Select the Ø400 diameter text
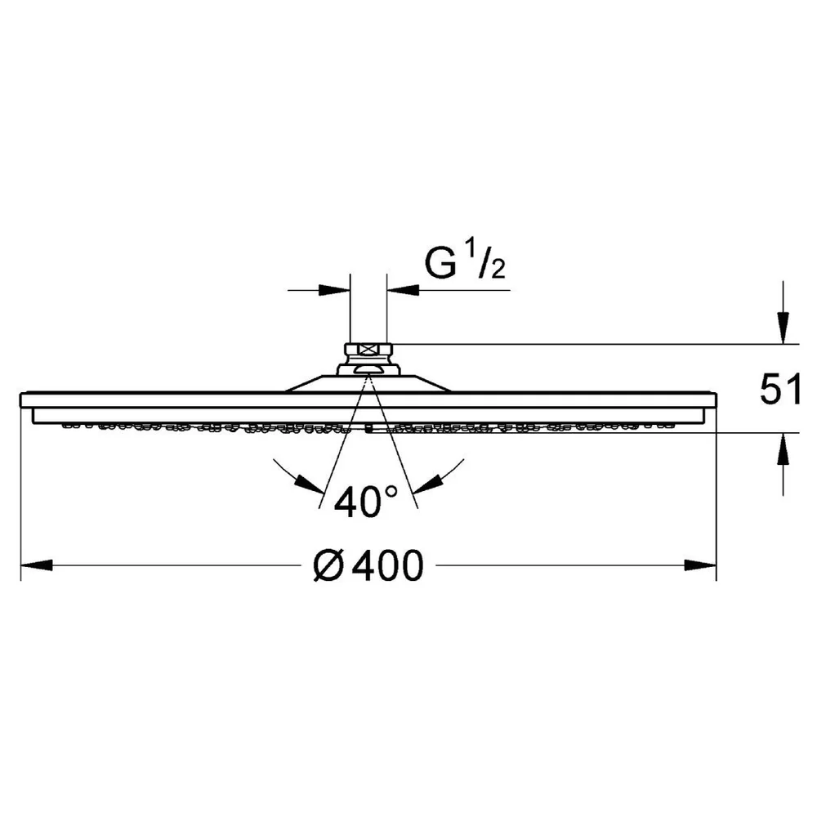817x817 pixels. pos(368,566)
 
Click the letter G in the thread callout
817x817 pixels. pos(441,264)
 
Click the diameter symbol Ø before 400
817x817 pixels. pos(328,566)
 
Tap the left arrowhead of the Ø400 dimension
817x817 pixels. pos(37,565)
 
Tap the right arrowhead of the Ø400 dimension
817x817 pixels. pos(700,565)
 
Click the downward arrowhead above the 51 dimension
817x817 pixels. pos(784,328)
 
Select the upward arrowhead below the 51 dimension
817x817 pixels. pos(784,449)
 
